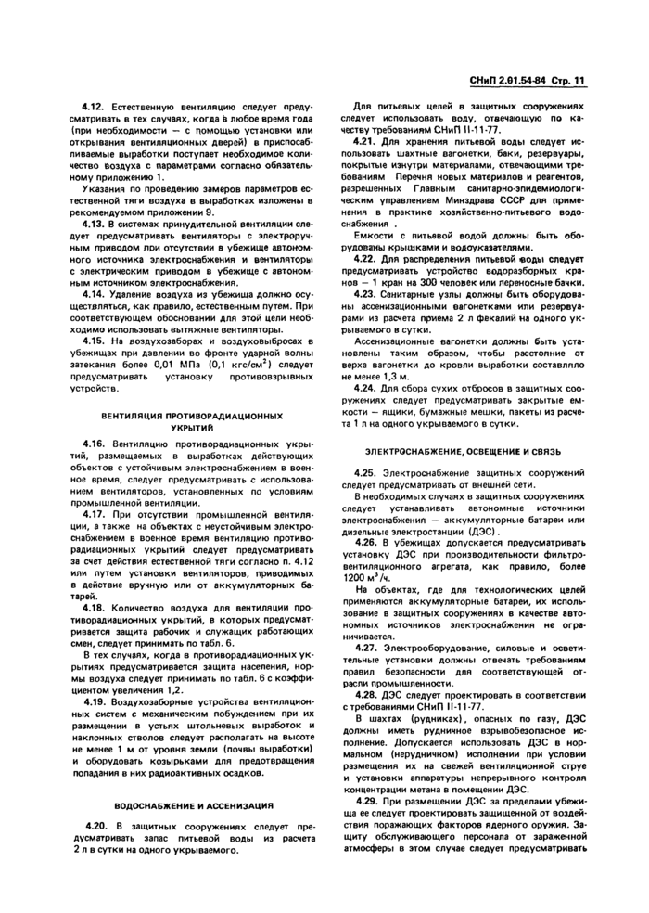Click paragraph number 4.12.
(x=92, y=108)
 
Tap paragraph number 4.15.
(x=92, y=341)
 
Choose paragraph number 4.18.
(x=92, y=609)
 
